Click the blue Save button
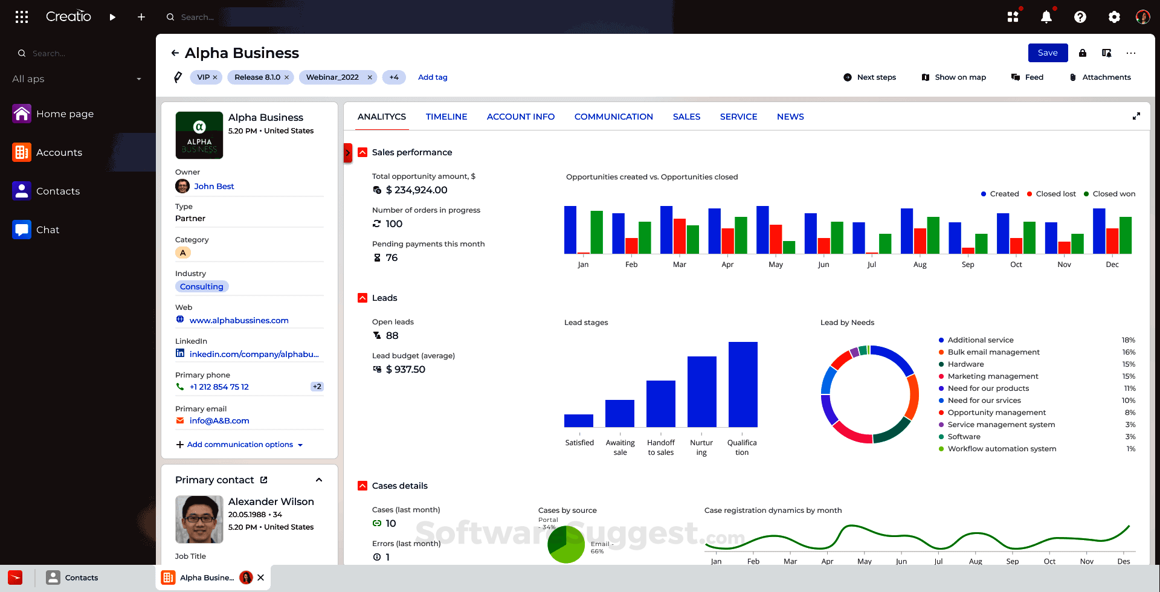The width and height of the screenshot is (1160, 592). [1048, 53]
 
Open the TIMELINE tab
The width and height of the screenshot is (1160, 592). [446, 117]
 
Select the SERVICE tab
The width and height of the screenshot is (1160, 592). [738, 117]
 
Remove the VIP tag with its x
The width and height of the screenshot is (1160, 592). [215, 77]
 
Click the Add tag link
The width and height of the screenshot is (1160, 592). [433, 77]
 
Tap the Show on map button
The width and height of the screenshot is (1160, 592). [954, 77]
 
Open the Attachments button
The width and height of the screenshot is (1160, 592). [1100, 77]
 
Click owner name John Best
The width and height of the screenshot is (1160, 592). [214, 186]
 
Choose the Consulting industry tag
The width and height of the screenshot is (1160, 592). [202, 286]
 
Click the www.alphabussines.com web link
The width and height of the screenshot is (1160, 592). [239, 320]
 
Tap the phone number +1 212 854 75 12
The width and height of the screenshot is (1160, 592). [219, 387]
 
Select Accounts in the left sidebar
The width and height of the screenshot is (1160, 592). [59, 152]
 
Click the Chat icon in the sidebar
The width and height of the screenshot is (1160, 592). [22, 230]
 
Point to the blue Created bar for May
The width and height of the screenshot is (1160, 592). [762, 230]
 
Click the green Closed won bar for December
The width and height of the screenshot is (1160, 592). [1126, 235]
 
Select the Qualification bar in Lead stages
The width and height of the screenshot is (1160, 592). [743, 384]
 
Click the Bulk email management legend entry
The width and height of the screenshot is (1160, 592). [993, 352]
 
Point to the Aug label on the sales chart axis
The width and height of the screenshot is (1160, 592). [920, 265]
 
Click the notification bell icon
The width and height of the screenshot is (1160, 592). [1046, 17]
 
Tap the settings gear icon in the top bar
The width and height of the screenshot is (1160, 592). [1114, 17]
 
